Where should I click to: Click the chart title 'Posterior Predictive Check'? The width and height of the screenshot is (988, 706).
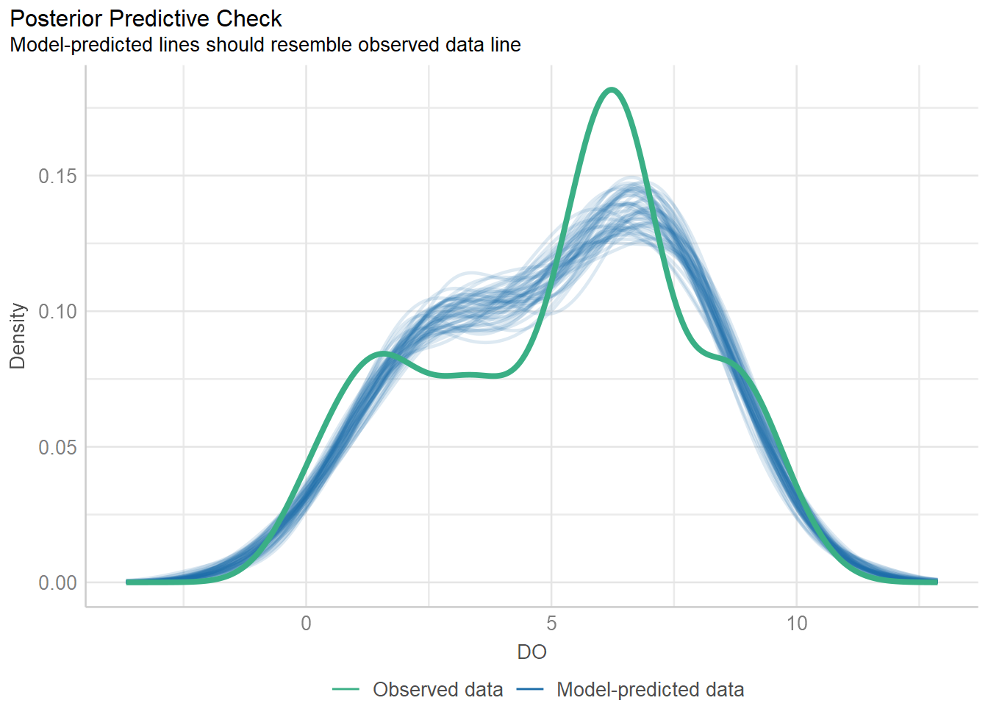(146, 18)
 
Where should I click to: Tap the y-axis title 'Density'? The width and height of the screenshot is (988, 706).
(18, 335)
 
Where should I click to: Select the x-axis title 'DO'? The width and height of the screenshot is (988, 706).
(531, 652)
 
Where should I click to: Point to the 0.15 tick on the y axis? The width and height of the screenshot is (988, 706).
(57, 176)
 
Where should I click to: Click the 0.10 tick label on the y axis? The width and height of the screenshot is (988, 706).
(57, 311)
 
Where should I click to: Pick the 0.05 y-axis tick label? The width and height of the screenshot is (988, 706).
(57, 447)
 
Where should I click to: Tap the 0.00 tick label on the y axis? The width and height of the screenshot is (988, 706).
(57, 582)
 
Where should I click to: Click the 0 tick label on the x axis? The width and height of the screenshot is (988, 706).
(307, 624)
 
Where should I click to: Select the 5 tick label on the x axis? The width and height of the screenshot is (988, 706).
(551, 624)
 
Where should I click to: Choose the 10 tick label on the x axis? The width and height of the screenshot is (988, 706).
(797, 624)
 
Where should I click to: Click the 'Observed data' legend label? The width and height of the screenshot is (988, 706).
(437, 690)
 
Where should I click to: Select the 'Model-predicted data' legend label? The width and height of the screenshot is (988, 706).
(650, 690)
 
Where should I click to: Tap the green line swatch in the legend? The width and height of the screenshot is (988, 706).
(346, 690)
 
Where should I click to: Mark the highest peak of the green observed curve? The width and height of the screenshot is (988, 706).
(612, 89)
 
